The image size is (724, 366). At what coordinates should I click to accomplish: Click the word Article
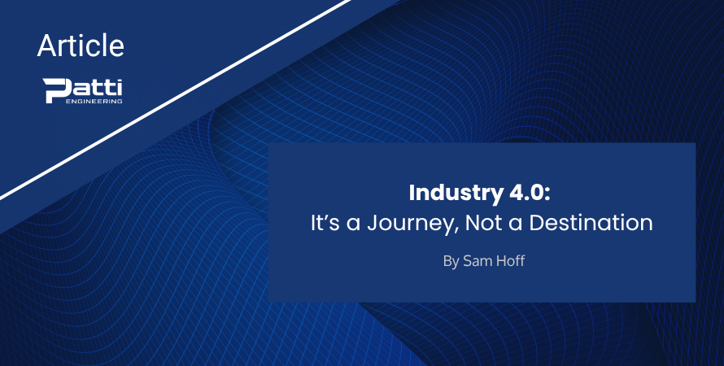(81, 46)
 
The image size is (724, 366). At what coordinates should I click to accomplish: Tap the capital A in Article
(46, 46)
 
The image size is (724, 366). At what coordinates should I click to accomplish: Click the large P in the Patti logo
(57, 90)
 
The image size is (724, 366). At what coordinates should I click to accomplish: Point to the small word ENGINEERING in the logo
(94, 101)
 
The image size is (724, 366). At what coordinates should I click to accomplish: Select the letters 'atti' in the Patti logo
(97, 87)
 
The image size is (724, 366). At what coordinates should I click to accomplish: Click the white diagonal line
(176, 100)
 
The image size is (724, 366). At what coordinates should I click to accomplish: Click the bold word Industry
(456, 194)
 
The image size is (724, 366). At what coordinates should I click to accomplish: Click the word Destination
(591, 224)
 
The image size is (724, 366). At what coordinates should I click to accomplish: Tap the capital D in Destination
(537, 224)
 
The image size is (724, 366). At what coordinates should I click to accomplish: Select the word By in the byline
(451, 262)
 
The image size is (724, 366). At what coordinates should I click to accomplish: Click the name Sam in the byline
(476, 261)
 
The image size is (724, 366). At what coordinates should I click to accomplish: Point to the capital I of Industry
(412, 194)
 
